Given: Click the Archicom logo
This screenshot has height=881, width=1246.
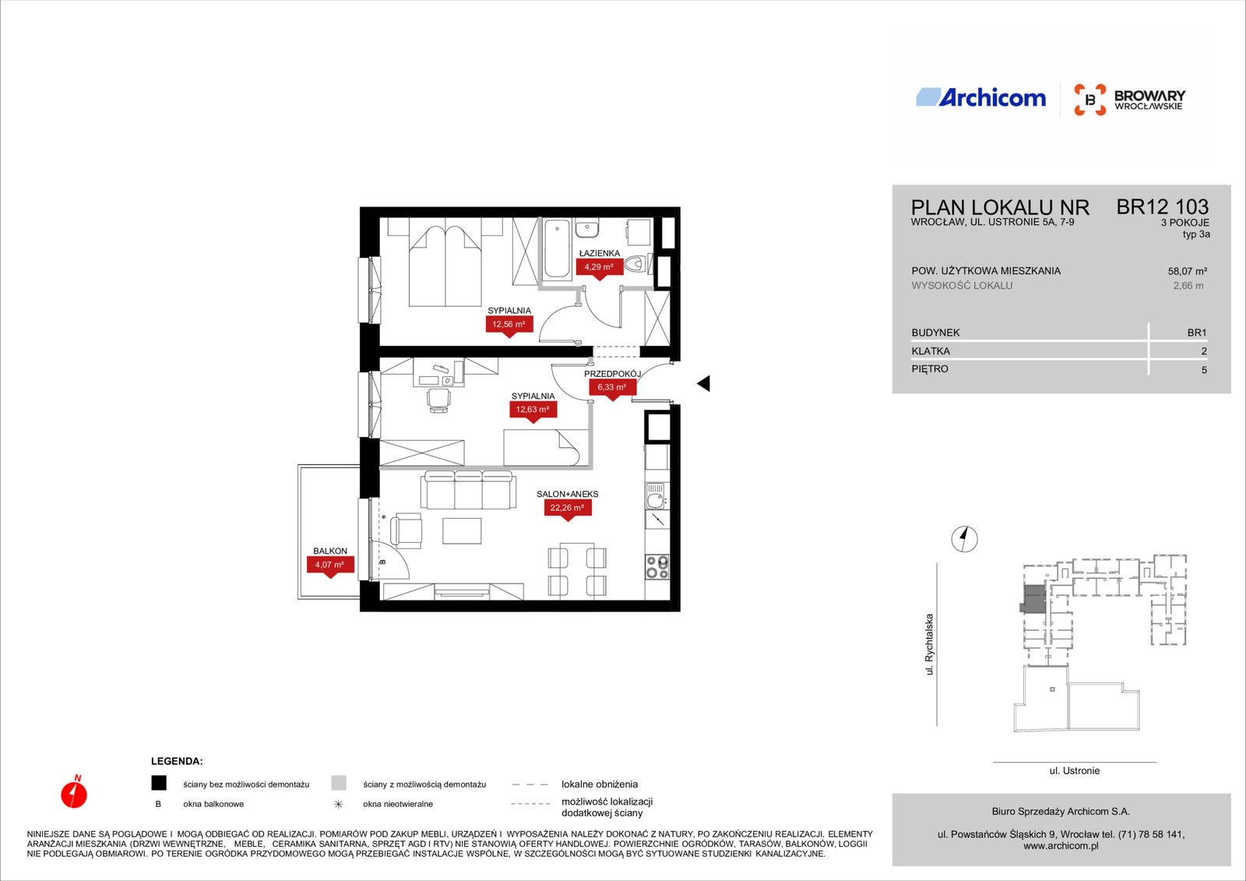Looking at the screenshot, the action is (x=980, y=97).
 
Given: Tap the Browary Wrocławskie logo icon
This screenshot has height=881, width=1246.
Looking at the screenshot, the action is (x=1089, y=100).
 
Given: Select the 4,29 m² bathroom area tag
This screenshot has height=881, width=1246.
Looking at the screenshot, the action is (x=599, y=268).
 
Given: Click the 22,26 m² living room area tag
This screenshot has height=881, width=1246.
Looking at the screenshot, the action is (x=567, y=509).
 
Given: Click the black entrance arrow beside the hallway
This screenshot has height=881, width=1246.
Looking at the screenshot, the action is (x=704, y=383).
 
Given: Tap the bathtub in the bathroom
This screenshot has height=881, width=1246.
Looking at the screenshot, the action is (x=557, y=249).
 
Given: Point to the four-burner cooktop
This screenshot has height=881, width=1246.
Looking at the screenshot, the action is (x=657, y=567).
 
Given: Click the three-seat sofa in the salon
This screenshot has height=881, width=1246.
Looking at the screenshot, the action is (x=467, y=490).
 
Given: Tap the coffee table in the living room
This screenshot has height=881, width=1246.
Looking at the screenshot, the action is (x=462, y=530).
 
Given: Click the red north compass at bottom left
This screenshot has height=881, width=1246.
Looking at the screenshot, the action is (x=74, y=792).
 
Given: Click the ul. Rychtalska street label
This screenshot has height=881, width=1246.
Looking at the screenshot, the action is (x=929, y=644).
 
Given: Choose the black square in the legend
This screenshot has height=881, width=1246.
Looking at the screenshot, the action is (x=159, y=783).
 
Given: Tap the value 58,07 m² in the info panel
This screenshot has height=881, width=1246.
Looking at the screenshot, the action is (x=1187, y=272).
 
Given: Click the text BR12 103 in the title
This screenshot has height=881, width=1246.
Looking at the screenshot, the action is (x=1162, y=207).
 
